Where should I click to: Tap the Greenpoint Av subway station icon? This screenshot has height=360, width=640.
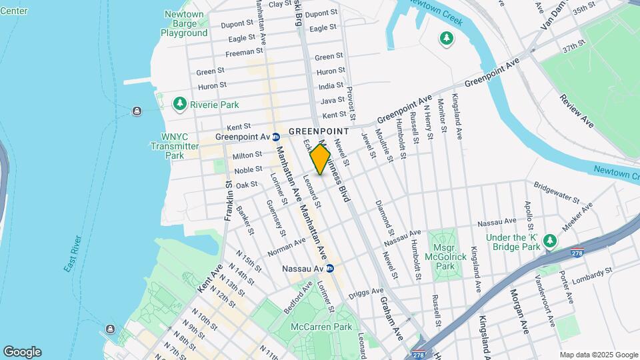(275, 137)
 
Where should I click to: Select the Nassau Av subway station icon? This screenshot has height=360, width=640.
(329, 269)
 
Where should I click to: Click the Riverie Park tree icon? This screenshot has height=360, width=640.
(179, 104)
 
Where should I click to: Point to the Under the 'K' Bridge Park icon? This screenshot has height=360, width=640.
(549, 241)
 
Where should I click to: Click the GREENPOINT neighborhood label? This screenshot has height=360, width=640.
(319, 131)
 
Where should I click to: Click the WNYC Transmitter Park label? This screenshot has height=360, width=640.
(175, 146)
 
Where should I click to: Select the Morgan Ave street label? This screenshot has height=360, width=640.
(519, 311)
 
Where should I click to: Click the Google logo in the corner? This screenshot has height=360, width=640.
(22, 352)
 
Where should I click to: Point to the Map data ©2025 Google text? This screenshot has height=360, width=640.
(598, 355)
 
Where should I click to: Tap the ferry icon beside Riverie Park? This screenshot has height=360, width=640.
(136, 111)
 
